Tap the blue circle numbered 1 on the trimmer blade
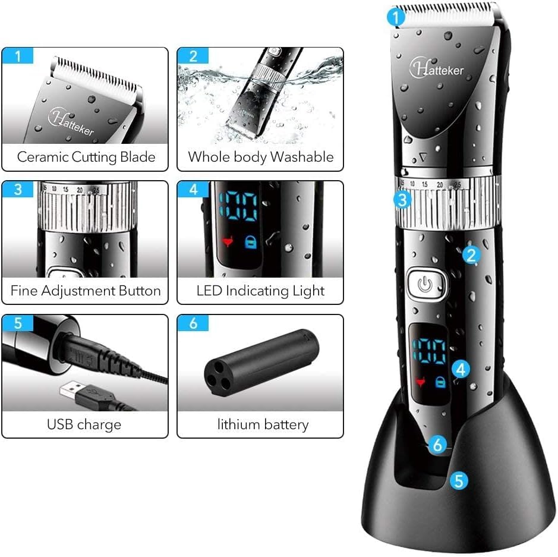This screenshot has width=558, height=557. tap(396, 18)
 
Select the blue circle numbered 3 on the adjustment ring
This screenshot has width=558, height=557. tap(403, 200)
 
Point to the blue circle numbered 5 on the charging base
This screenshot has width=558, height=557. tap(458, 480)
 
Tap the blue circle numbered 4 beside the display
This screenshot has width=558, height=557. tap(462, 369)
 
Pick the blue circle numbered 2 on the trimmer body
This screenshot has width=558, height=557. tap(471, 255)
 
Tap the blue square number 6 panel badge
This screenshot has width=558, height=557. tap(193, 324)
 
